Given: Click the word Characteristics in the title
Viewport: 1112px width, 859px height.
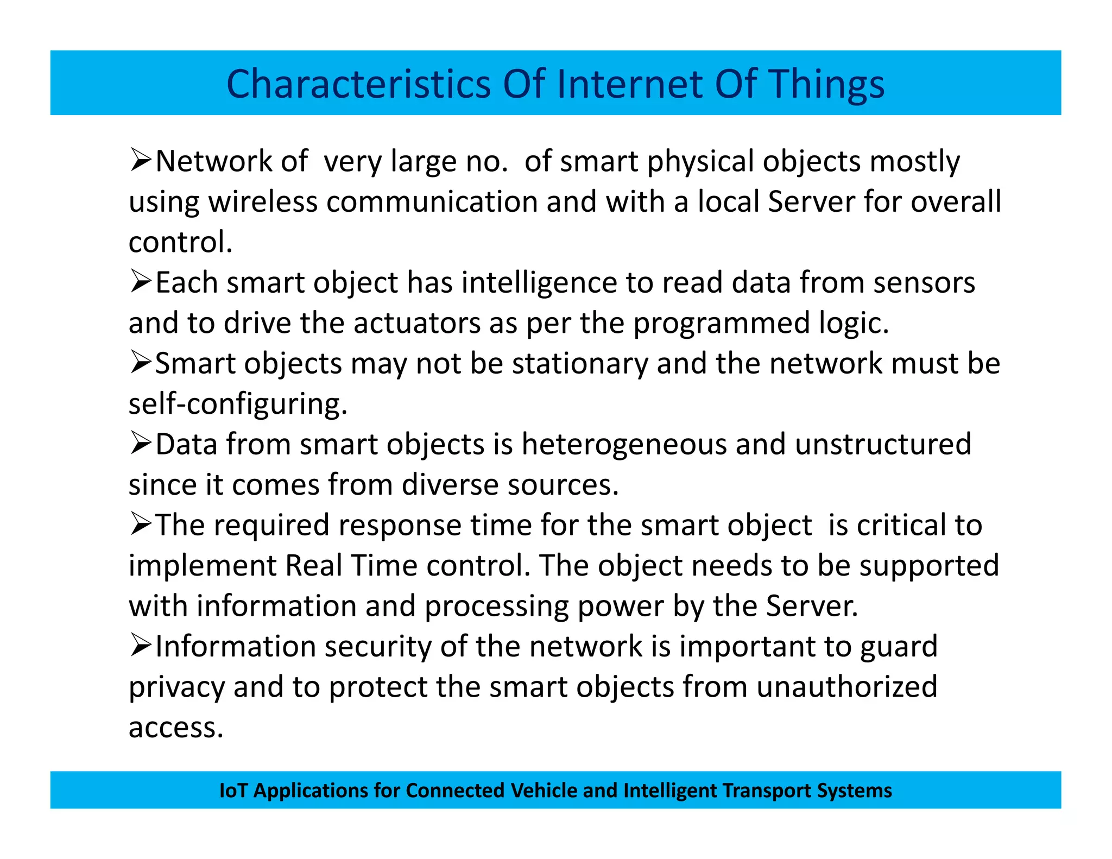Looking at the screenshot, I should pos(359,84).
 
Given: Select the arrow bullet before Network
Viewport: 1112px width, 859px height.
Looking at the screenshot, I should pos(140,161).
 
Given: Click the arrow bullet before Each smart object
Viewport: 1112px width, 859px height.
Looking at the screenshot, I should pos(140,282).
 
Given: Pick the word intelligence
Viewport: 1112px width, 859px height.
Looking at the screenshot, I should pos(539,283).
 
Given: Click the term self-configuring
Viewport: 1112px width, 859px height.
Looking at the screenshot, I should pos(238,404).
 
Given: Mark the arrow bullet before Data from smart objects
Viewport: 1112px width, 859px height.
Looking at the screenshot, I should pos(140,444).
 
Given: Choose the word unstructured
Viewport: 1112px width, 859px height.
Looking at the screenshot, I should pos(883,444).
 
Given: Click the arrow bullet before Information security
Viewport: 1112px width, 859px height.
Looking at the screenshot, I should pos(140,646).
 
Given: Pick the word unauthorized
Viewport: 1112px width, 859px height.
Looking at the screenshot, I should pos(847,687).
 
